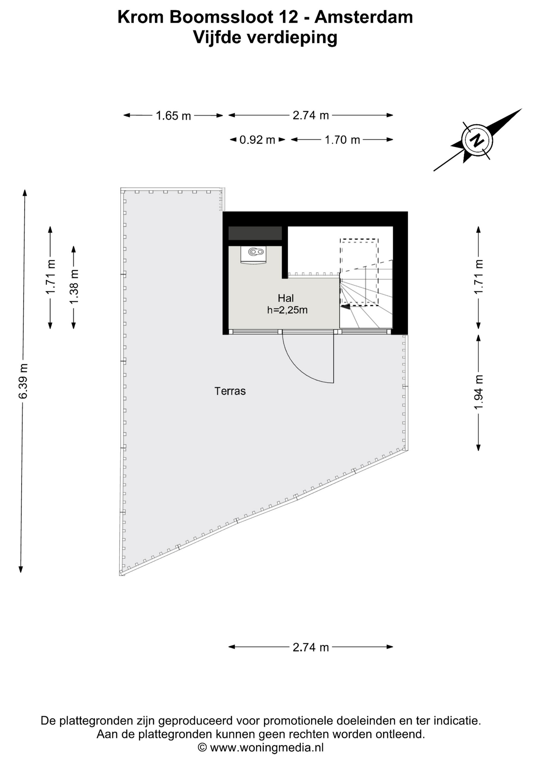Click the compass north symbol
pos(477,140)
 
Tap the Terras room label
pos(230,391)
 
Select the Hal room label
pos(286,298)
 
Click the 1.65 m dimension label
pos(173,116)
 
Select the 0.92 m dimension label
pos(257,140)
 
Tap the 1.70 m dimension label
pos(342,140)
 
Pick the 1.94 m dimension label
pos(478,392)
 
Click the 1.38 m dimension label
pos(74,286)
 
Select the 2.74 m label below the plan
pos(311,647)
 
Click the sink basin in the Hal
pos(253,255)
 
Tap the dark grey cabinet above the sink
pos(255,233)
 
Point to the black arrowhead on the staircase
pos(345,306)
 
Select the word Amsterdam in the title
pos(363,17)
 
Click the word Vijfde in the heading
pos(217,38)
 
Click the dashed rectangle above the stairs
pos(359,272)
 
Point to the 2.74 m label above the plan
pos(311,115)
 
